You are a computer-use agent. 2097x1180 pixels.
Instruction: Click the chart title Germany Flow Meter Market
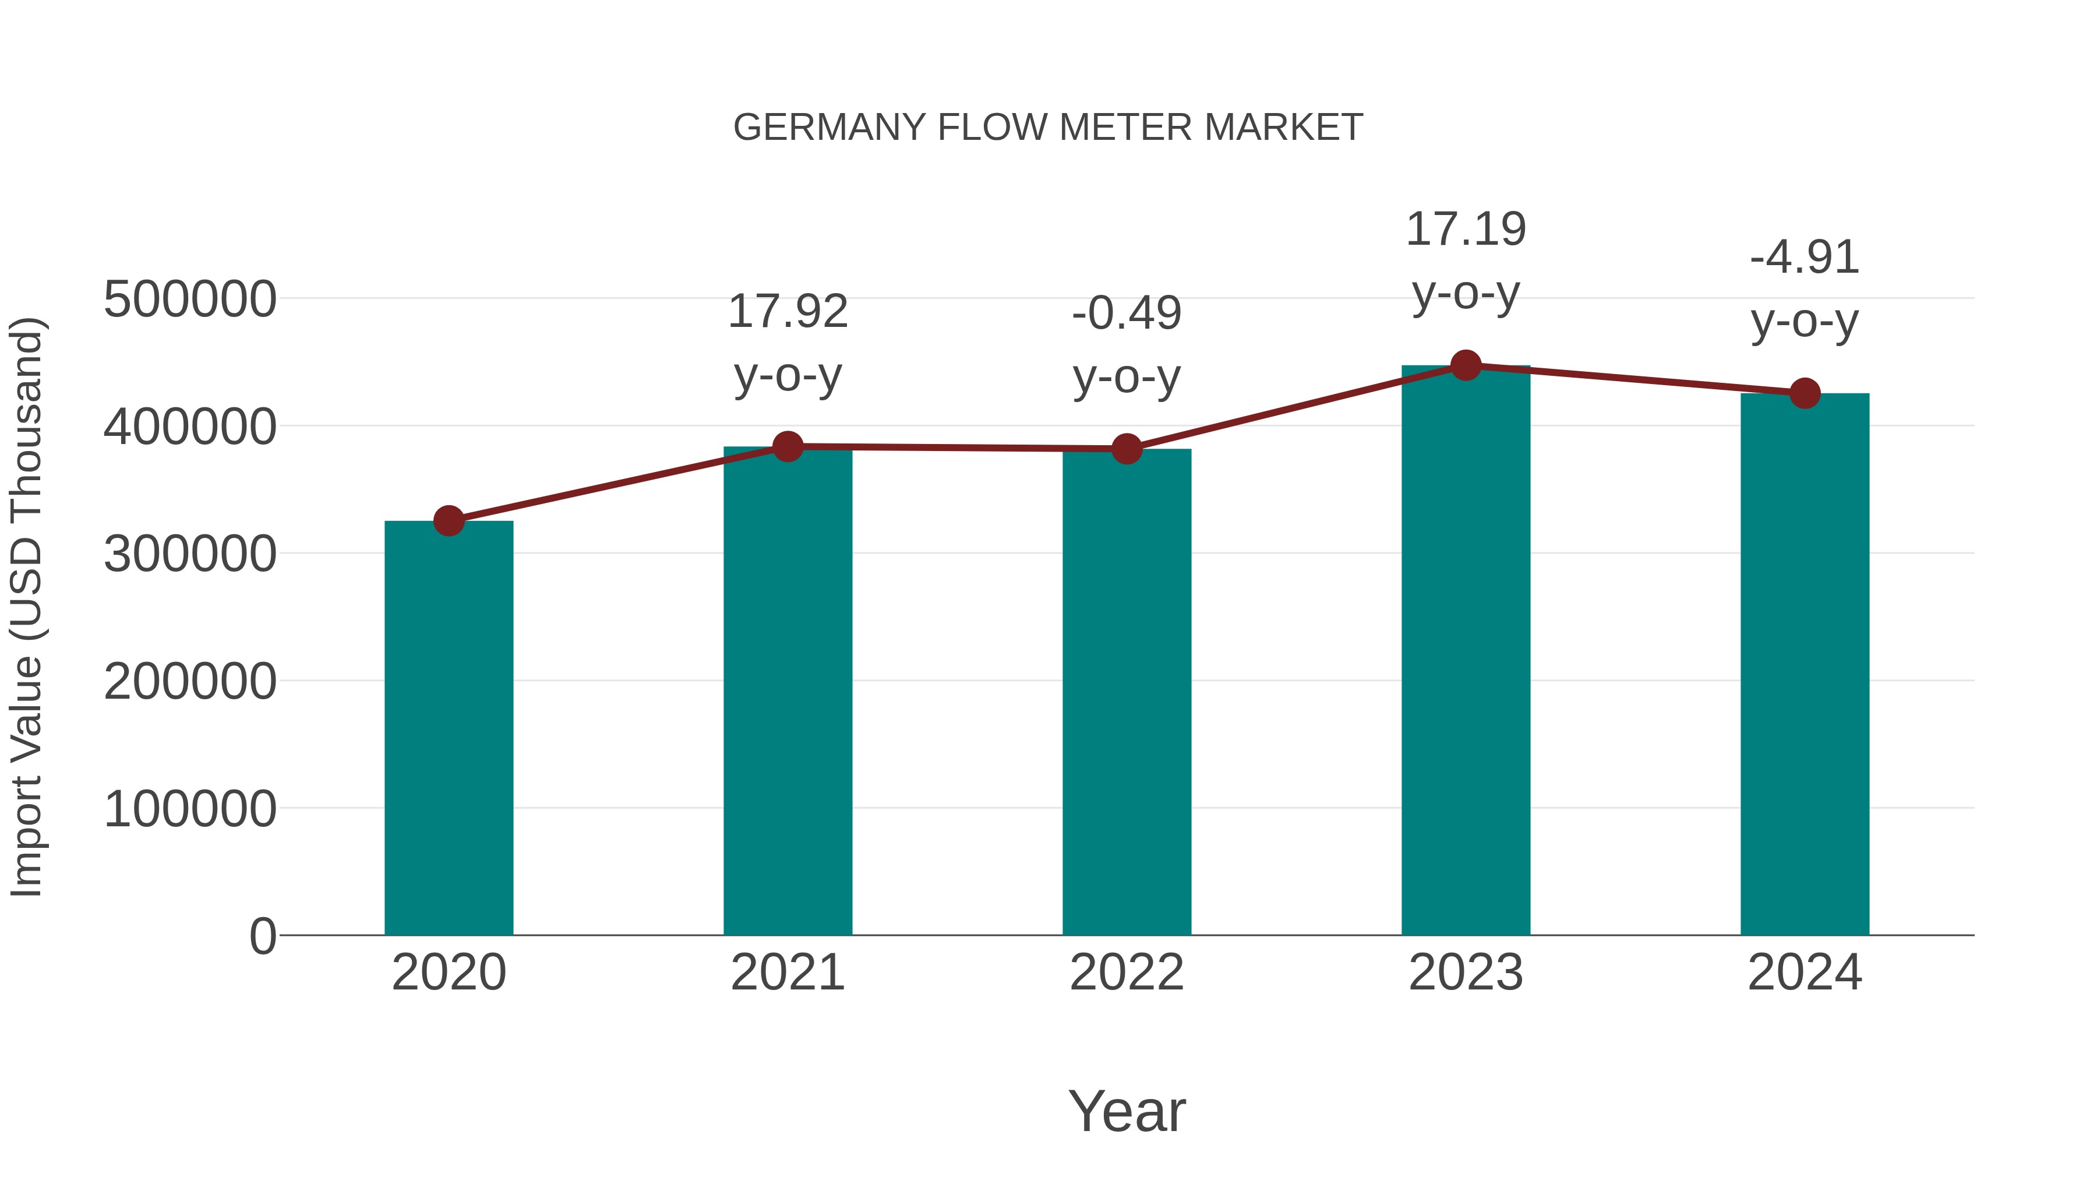coord(1048,128)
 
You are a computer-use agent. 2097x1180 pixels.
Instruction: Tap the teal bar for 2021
coord(787,692)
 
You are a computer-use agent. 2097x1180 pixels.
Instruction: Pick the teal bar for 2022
coord(1127,692)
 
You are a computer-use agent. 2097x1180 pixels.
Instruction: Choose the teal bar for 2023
coord(1466,651)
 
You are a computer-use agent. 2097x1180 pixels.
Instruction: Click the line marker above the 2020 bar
coord(449,520)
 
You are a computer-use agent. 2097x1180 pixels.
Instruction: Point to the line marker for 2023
coord(1466,365)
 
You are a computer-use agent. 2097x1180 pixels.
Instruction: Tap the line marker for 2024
coord(1805,393)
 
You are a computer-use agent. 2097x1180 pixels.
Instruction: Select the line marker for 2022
coord(1127,449)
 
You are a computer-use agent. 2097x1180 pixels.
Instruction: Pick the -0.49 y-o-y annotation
coord(1127,344)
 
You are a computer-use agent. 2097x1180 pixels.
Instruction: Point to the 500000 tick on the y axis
coord(190,300)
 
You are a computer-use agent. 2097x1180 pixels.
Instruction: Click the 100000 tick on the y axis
coord(190,809)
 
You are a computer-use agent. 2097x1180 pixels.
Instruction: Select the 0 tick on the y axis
coord(262,936)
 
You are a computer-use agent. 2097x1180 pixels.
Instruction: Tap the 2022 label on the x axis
coord(1127,973)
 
